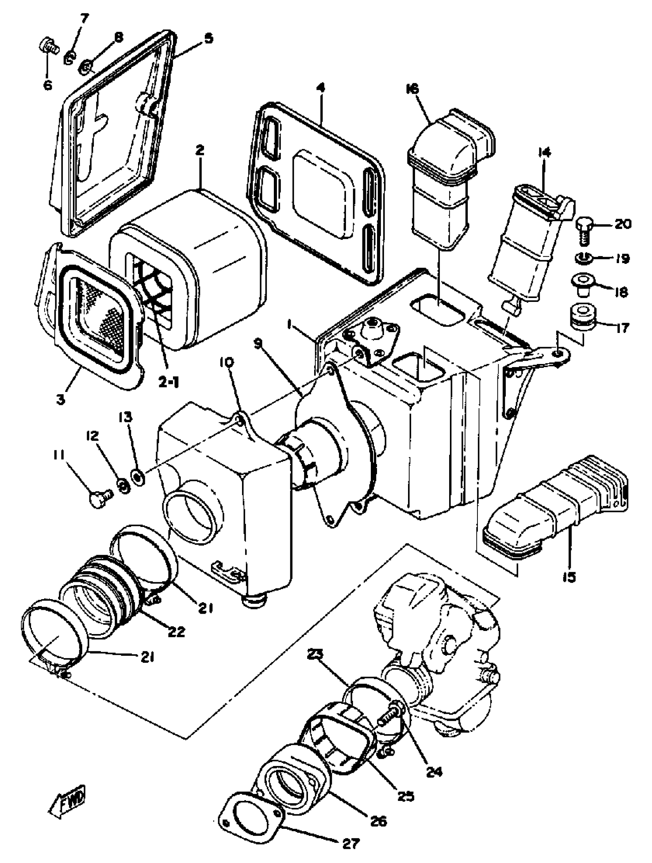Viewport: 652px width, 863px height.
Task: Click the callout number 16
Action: (x=412, y=89)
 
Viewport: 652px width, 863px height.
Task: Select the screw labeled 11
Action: (x=100, y=498)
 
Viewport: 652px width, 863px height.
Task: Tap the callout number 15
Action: (x=569, y=576)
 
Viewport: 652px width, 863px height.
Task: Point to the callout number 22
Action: (x=176, y=632)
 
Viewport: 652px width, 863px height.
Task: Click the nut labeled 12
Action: (x=123, y=486)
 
